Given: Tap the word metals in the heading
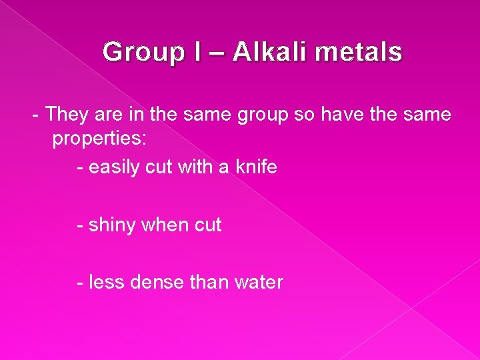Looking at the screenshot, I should tap(360, 51).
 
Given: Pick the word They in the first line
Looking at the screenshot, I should tap(65, 114).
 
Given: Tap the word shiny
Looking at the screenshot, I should tap(111, 225).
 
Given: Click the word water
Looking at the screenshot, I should tap(259, 282).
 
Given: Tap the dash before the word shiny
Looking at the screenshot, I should tap(80, 225).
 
